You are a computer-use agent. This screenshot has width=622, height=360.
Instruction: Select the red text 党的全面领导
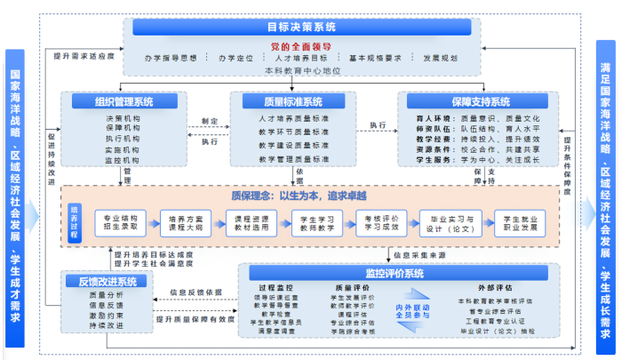point(302,44)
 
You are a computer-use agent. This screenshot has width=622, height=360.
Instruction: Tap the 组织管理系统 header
point(122,101)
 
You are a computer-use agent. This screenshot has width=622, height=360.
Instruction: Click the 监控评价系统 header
point(396,272)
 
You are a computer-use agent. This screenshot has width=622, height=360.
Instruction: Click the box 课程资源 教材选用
point(253,221)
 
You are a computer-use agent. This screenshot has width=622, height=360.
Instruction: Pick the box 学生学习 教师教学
point(317,221)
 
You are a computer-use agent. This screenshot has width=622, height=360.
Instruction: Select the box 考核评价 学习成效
point(382,221)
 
